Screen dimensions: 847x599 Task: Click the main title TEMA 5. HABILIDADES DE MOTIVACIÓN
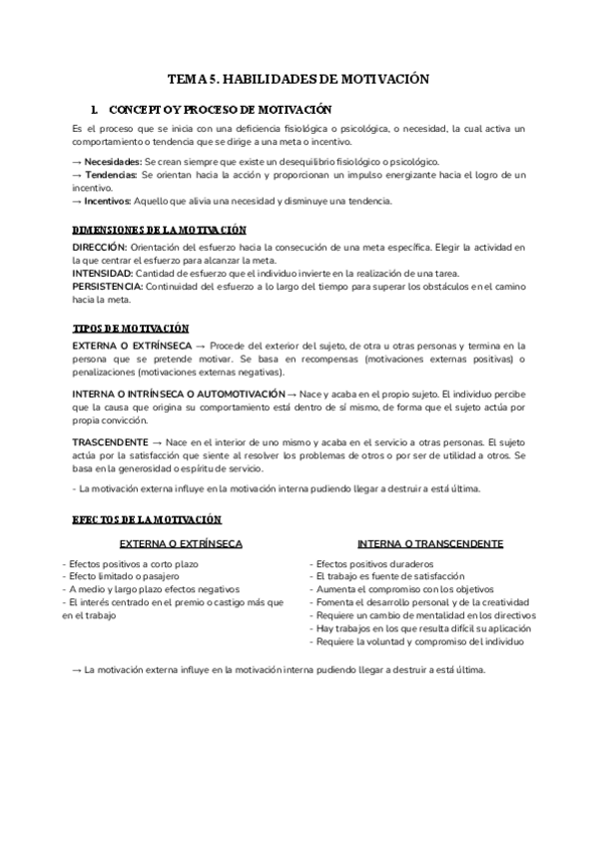coord(299,79)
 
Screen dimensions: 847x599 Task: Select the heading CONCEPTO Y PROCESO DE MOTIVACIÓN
coord(220,109)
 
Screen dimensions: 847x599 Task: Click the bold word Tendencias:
coord(111,175)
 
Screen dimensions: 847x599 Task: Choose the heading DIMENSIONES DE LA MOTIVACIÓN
coord(160,230)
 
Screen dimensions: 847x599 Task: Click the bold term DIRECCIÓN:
coord(100,247)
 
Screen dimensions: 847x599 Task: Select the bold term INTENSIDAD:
coord(103,273)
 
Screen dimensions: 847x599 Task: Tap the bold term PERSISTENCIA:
coord(109,286)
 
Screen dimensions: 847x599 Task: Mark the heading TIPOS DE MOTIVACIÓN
coord(132,328)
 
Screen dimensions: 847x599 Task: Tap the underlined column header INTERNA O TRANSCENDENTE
coord(430,544)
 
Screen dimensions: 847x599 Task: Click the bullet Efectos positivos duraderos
coord(370,564)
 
